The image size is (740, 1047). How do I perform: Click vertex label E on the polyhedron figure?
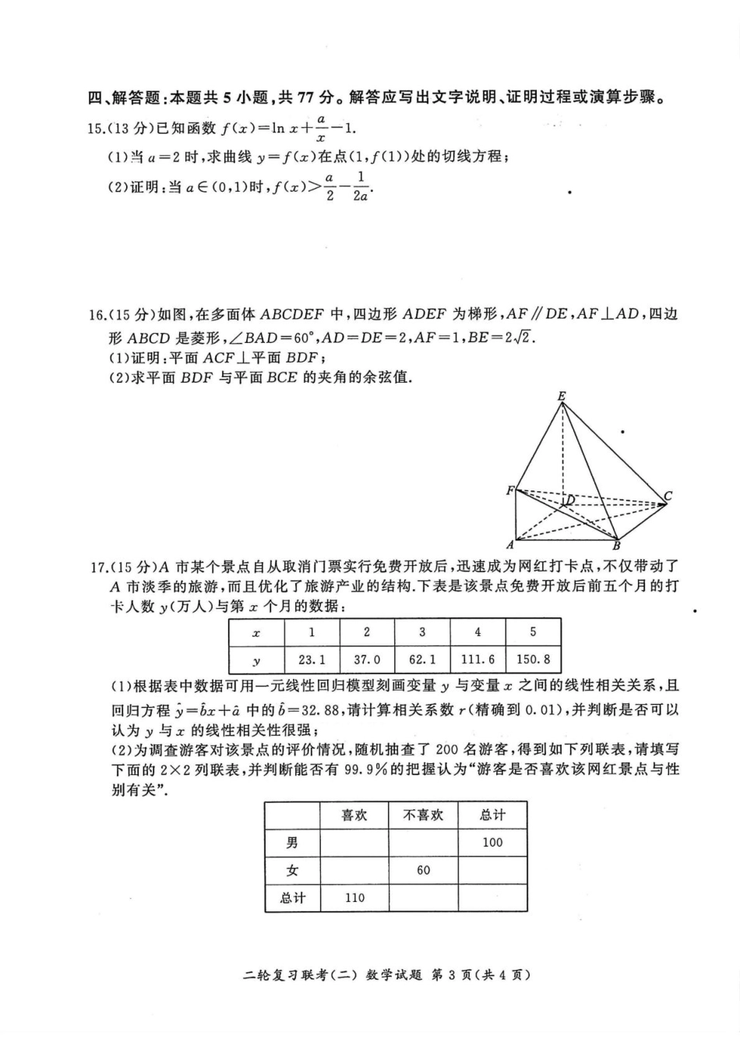click(561, 396)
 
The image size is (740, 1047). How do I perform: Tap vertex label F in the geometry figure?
click(510, 490)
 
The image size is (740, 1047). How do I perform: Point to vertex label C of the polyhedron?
click(668, 496)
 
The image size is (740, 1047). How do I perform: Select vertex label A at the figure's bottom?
click(510, 545)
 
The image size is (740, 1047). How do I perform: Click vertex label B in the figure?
click(615, 546)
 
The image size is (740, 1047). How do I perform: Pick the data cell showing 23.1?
click(312, 660)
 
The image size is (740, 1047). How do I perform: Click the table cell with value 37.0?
click(367, 660)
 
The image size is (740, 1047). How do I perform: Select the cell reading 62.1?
click(422, 660)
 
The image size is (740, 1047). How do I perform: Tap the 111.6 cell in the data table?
click(477, 660)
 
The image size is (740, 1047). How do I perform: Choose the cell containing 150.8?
click(533, 660)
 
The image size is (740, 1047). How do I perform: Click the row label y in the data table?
click(257, 660)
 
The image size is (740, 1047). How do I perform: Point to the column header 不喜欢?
click(423, 815)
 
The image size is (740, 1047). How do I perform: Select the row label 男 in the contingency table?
click(292, 843)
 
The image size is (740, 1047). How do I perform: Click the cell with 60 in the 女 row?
click(423, 870)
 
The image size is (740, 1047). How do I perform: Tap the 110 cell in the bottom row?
click(354, 897)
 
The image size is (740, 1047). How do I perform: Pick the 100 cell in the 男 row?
click(492, 843)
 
